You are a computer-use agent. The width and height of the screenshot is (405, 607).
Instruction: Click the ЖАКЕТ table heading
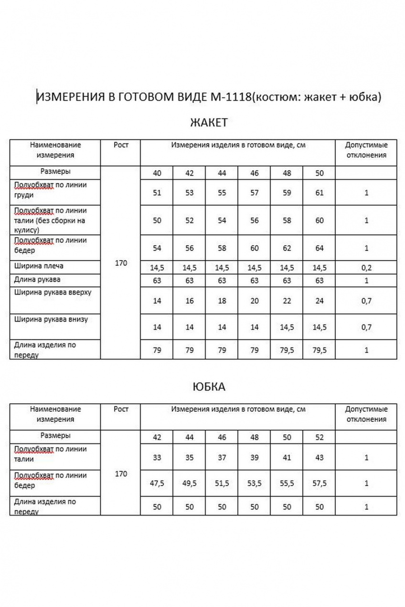click(x=209, y=123)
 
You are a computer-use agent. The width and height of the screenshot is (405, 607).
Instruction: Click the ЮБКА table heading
click(x=209, y=387)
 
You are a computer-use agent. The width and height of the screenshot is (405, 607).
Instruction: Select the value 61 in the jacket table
click(x=320, y=193)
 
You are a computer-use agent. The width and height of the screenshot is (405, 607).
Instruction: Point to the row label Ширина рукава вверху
click(x=53, y=293)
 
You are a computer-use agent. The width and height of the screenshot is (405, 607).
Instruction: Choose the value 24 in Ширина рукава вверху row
click(x=320, y=301)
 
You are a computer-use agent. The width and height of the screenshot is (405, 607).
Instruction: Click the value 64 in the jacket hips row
click(x=320, y=248)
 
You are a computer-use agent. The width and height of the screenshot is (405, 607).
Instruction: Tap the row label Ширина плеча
click(x=39, y=266)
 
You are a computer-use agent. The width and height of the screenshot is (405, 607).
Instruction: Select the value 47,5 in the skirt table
click(x=157, y=483)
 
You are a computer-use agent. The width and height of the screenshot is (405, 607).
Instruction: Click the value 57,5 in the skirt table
click(x=320, y=483)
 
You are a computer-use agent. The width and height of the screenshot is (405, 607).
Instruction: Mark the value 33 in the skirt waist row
click(x=157, y=457)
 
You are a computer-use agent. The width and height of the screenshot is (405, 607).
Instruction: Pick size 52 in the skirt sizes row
click(x=320, y=438)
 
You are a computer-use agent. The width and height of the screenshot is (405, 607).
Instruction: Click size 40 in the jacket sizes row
click(x=157, y=173)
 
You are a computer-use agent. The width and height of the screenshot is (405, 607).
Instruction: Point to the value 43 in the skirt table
click(x=320, y=457)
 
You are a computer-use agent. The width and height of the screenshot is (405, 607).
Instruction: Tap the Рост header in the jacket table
click(x=121, y=145)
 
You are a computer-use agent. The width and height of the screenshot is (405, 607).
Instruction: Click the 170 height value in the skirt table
click(x=121, y=474)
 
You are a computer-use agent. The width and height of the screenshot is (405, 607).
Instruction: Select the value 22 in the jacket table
click(x=287, y=301)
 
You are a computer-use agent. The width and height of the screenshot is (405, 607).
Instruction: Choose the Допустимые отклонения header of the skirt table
click(x=366, y=414)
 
